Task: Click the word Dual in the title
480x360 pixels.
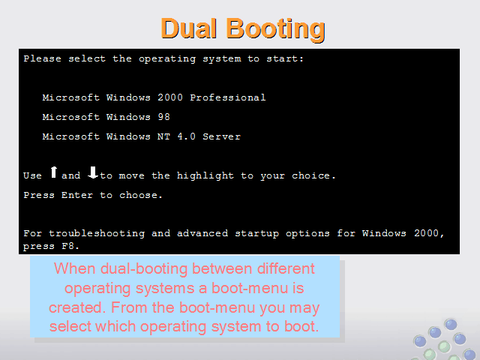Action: [x=188, y=28]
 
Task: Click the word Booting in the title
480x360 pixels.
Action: [x=275, y=30]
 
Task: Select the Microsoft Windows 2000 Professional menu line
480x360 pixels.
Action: [x=154, y=97]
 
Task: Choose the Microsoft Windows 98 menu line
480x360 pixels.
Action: [x=106, y=117]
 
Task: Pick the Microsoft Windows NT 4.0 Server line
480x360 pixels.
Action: [x=142, y=136]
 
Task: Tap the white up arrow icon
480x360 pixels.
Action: [x=53, y=172]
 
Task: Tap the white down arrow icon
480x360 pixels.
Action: [x=93, y=172]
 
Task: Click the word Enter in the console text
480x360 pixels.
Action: [x=77, y=195]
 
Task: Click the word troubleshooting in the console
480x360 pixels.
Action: [x=97, y=234]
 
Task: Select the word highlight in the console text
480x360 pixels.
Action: [x=205, y=175]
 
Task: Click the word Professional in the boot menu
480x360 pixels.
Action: [x=228, y=97]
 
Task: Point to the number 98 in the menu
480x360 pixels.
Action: [x=163, y=117]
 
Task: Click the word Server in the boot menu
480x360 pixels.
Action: [x=222, y=136]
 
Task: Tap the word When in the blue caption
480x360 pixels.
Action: [x=75, y=268]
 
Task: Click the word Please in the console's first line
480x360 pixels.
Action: [x=42, y=58]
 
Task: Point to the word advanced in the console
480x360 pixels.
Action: [x=202, y=233]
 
